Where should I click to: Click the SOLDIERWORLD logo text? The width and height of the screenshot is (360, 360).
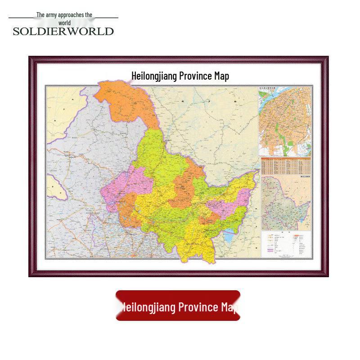tap(63, 31)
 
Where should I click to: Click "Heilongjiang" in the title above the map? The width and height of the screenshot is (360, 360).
tap(154, 76)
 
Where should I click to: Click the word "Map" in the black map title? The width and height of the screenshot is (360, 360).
tap(222, 76)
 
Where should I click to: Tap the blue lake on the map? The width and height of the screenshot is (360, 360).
tap(229, 234)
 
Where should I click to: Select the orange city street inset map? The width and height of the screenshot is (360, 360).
tap(285, 121)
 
